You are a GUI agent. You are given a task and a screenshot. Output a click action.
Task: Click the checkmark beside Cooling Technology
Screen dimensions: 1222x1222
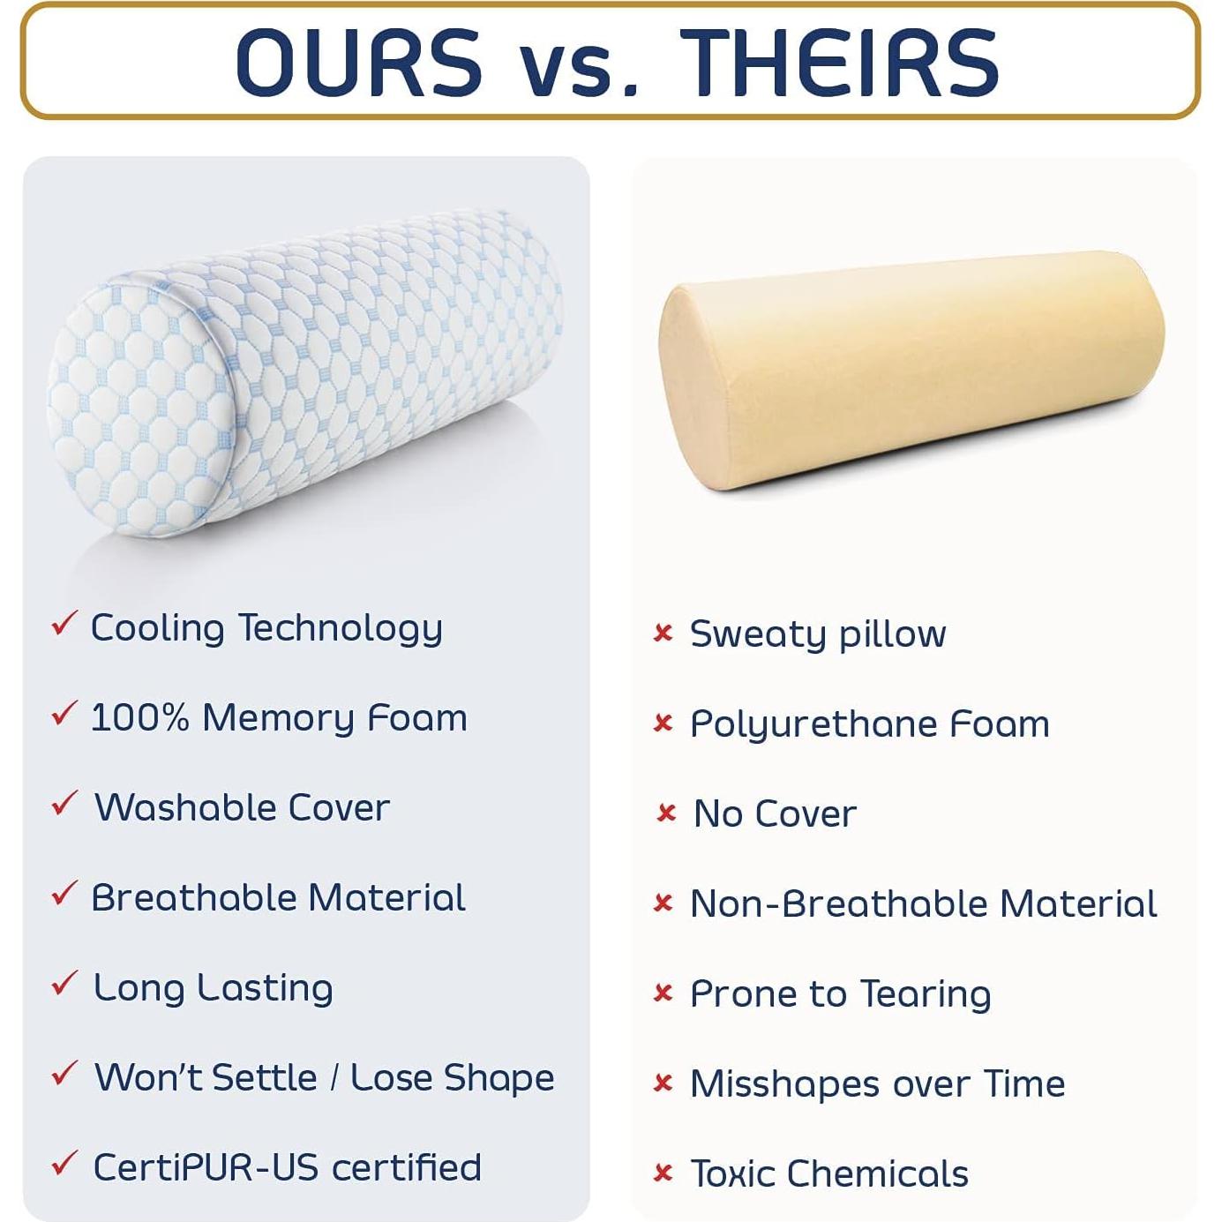pyautogui.click(x=64, y=623)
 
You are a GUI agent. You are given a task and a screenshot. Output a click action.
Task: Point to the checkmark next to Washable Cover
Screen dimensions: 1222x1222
pyautogui.click(x=64, y=803)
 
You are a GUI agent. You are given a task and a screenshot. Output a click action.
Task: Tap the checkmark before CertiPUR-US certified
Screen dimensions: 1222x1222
pyautogui.click(x=64, y=1164)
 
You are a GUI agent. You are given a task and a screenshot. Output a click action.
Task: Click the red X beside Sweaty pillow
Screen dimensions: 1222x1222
pyautogui.click(x=663, y=633)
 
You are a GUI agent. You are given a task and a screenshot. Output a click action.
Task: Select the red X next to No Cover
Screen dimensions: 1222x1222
pyautogui.click(x=666, y=813)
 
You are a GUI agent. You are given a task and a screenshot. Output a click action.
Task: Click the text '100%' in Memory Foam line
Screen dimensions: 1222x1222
pyautogui.click(x=140, y=717)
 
